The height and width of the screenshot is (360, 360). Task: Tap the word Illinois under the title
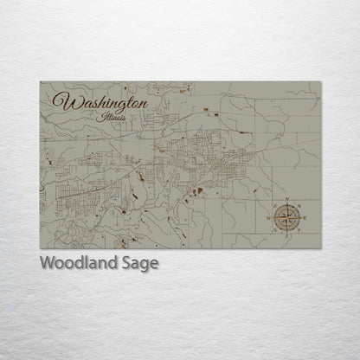click(112, 115)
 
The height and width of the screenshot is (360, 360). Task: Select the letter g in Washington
click(117, 105)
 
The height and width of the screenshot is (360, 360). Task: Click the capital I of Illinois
click(102, 114)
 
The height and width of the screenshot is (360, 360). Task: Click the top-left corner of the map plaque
click(40, 82)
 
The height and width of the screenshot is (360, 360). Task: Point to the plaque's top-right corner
click(321, 82)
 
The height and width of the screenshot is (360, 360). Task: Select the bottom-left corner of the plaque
click(40, 248)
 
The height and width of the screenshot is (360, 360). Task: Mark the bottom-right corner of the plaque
click(321, 248)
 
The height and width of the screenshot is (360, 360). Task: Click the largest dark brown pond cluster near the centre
click(197, 190)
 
